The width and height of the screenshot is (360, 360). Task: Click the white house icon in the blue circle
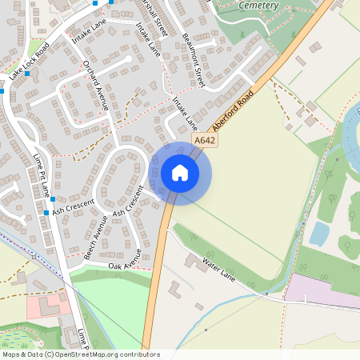click(180, 173)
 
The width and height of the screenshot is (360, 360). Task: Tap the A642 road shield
click(205, 141)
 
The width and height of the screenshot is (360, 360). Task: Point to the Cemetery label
click(259, 5)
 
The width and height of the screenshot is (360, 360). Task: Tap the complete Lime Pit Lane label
click(41, 177)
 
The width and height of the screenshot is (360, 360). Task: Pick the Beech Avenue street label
click(95, 238)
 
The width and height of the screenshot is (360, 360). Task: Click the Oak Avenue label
click(125, 258)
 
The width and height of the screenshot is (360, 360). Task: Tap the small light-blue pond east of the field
click(319, 234)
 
